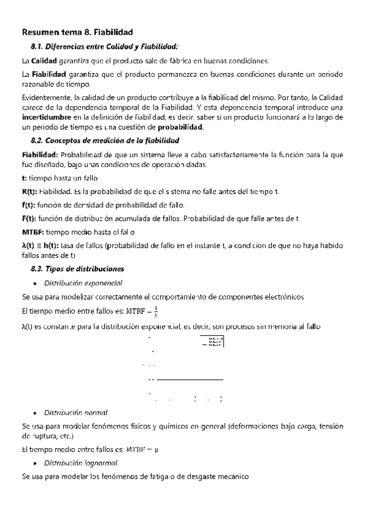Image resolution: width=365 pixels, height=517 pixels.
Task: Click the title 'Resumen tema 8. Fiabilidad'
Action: point(77,32)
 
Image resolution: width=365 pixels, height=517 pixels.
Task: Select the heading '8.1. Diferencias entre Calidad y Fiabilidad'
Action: point(104,46)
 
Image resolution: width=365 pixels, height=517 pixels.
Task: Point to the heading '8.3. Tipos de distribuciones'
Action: point(77,268)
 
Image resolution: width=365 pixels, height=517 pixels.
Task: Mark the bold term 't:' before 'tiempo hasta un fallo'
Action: point(23,179)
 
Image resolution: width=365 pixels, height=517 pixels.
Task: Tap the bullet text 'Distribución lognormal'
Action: point(79,463)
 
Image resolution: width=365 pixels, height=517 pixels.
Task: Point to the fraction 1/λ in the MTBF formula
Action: point(157,311)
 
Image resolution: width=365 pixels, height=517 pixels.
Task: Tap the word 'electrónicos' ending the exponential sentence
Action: point(283,297)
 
